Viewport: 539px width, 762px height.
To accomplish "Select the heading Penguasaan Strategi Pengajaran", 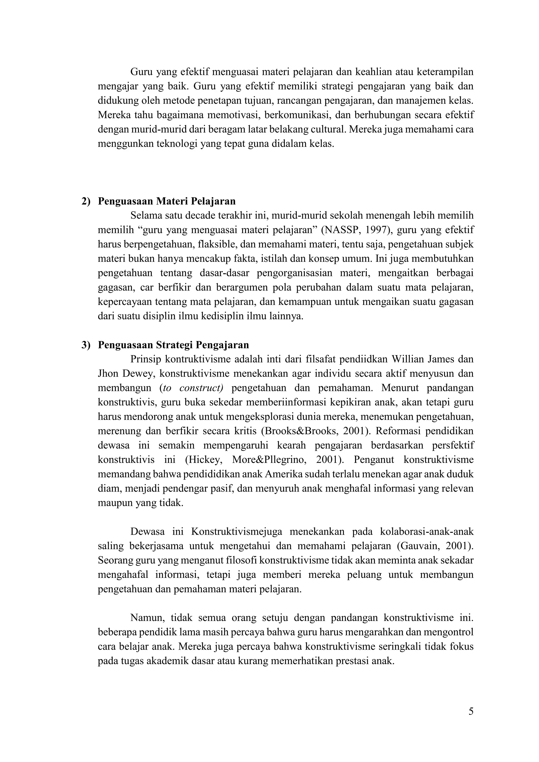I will click(x=173, y=345).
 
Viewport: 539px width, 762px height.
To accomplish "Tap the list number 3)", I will click(x=86, y=345).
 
